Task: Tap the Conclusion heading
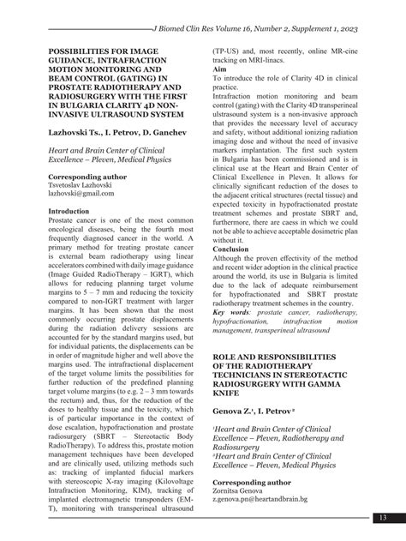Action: pos(237,250)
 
